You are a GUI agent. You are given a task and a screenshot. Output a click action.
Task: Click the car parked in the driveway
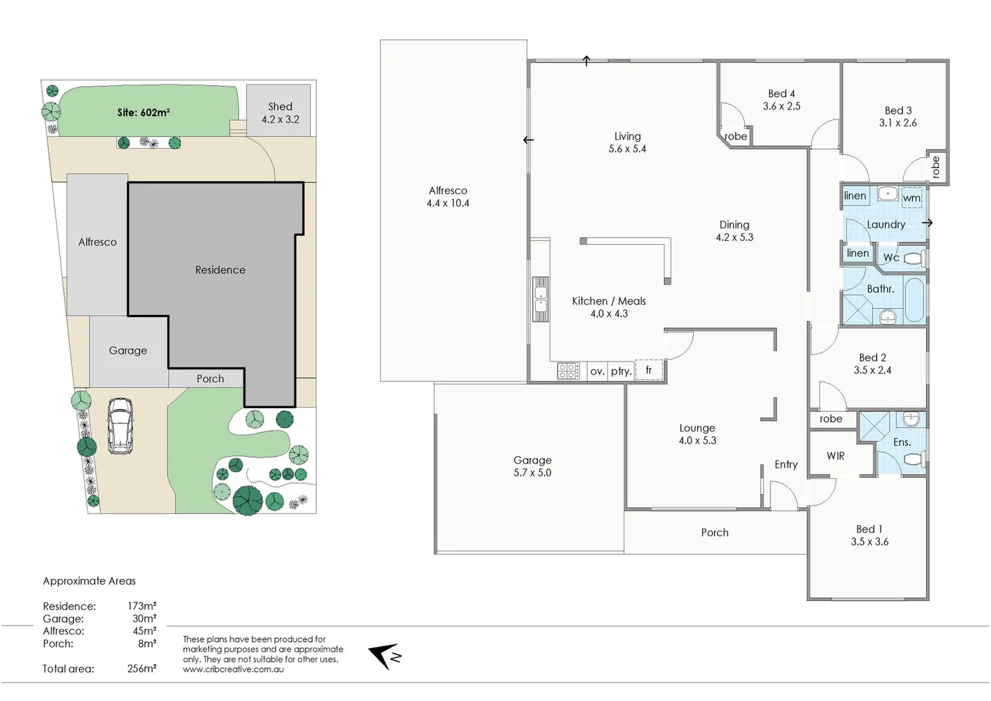point(120,426)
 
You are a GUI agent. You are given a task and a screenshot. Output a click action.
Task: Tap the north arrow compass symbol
point(385,656)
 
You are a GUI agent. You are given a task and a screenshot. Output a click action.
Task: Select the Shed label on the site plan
point(280,112)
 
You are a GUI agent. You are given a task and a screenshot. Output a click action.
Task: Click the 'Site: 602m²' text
point(143,112)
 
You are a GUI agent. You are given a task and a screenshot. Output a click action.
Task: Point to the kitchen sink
point(540,299)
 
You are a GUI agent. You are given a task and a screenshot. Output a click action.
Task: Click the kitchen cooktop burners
point(568,371)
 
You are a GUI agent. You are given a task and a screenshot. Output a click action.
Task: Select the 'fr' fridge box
point(649,370)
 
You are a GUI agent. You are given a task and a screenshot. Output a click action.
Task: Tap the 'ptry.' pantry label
point(621,371)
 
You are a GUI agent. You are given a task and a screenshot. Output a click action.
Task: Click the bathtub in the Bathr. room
point(914,300)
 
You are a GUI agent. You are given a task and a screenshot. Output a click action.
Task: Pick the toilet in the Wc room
point(915,258)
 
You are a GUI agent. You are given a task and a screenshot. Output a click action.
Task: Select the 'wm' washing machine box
point(911,197)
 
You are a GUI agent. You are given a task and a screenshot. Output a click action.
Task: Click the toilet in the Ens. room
point(914,460)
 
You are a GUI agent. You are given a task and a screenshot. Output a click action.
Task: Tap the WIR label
point(835,456)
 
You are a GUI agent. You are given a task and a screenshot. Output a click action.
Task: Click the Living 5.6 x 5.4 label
point(627,142)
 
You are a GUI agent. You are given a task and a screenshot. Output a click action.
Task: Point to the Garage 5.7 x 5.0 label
point(532,466)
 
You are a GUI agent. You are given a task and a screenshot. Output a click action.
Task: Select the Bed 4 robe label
point(735,136)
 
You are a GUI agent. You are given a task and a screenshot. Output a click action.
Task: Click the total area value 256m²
point(141,669)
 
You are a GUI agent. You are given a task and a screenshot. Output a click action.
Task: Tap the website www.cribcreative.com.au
point(233,669)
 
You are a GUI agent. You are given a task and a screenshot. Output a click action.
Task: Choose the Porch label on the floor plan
point(715,532)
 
